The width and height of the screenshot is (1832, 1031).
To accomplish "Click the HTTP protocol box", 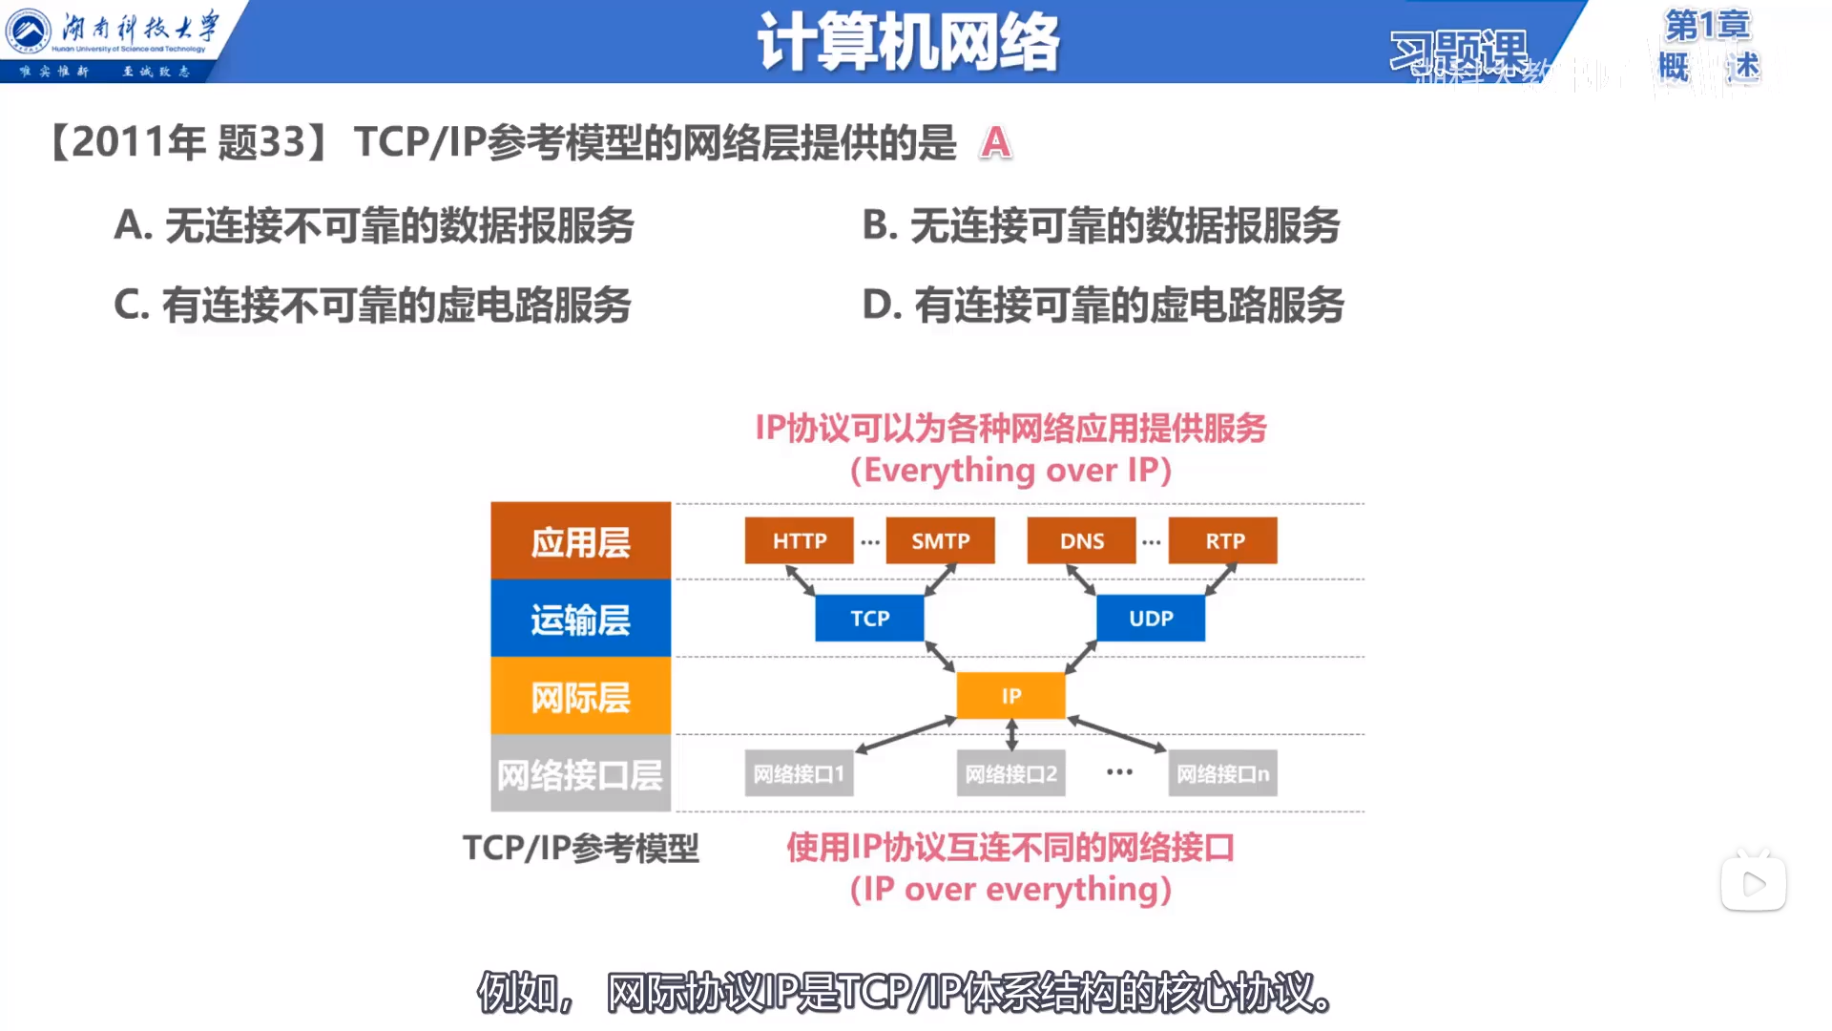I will [x=799, y=540].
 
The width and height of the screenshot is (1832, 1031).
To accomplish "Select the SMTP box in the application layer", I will [x=940, y=540].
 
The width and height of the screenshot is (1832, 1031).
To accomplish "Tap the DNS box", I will [x=1081, y=540].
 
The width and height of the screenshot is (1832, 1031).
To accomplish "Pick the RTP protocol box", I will [x=1223, y=540].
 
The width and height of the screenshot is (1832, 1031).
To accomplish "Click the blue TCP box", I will [x=869, y=618].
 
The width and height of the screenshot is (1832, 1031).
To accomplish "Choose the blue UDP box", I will [x=1151, y=618].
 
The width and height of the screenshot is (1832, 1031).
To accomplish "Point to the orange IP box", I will [x=1010, y=695].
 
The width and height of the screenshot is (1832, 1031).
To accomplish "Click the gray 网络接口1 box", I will [x=799, y=773].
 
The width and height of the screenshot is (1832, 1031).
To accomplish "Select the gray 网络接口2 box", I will [x=1010, y=773].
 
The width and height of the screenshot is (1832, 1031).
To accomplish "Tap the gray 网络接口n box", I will [x=1222, y=773].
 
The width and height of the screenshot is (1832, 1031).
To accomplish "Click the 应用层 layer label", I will [x=580, y=541].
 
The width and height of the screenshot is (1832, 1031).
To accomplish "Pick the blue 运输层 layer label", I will [x=580, y=619].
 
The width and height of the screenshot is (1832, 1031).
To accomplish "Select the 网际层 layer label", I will [x=580, y=696].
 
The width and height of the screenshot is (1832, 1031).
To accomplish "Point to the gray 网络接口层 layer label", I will [x=580, y=774].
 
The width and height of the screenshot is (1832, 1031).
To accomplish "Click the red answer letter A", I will [x=995, y=143].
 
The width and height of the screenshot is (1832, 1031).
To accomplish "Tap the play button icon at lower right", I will [x=1754, y=884].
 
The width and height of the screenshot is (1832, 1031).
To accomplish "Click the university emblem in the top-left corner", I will [x=29, y=32].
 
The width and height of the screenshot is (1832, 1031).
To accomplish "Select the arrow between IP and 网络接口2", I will [x=1011, y=735].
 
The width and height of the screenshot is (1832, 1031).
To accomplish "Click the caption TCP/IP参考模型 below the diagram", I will [x=580, y=848].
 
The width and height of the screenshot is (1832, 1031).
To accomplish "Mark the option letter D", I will [x=881, y=305].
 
